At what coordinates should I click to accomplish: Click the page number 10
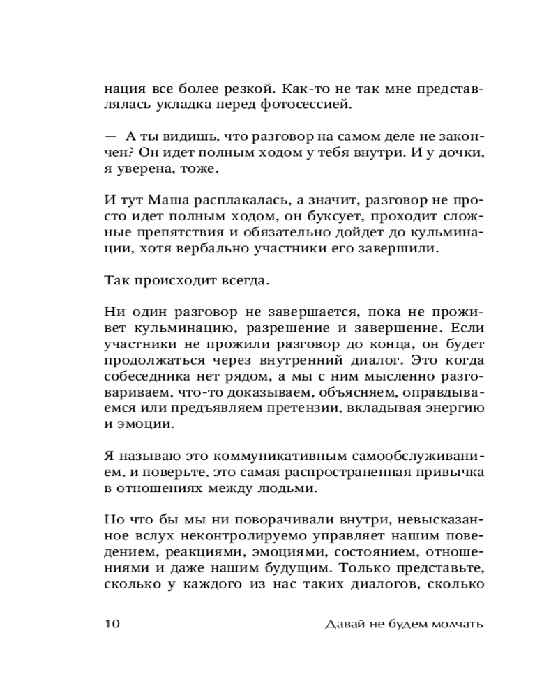pyautogui.click(x=113, y=624)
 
